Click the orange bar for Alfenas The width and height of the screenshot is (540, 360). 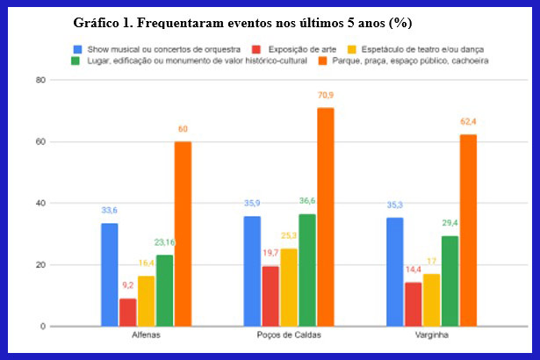(183, 234)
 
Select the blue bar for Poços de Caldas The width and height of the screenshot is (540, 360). (252, 270)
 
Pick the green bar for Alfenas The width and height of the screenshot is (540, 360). (164, 290)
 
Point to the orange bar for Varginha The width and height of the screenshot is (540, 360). (468, 230)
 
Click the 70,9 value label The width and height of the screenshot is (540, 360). (326, 95)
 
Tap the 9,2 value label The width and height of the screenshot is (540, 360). (126, 285)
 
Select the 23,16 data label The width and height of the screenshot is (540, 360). (164, 242)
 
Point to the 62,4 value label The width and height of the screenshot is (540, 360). (468, 121)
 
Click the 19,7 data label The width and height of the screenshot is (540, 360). (270, 253)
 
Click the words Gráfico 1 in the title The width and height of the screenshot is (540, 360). (104, 21)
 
